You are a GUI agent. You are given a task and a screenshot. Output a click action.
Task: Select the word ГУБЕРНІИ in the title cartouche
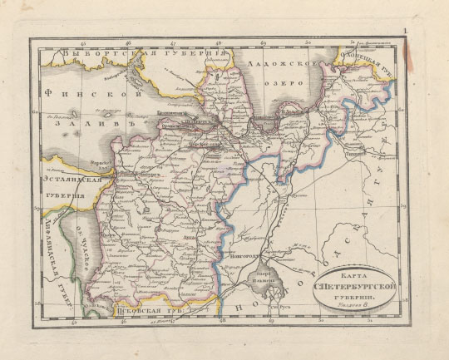point(354,296)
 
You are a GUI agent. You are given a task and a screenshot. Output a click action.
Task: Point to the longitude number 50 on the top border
point(307,40)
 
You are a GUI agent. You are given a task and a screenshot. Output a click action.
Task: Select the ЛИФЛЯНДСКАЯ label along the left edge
point(52,254)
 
